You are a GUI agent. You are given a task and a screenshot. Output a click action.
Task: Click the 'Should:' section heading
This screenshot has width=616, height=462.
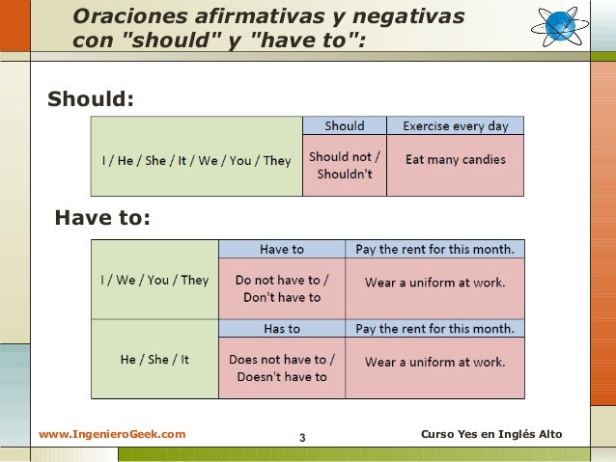92,99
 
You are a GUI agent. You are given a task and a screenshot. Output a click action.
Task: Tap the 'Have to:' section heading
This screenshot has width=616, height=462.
102,219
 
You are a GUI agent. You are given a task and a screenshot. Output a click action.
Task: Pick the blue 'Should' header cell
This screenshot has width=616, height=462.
345,125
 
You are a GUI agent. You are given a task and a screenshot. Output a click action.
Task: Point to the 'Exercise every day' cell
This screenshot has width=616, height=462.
455,125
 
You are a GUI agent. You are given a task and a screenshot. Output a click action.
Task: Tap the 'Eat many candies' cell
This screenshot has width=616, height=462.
455,160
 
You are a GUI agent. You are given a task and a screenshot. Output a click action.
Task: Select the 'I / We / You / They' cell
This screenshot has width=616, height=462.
154,281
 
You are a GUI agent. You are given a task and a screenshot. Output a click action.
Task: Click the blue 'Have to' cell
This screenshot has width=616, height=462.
282,249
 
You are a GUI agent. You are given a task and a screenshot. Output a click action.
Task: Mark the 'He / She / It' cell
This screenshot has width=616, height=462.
154,359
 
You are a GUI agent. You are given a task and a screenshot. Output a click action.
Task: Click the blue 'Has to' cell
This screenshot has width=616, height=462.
282,328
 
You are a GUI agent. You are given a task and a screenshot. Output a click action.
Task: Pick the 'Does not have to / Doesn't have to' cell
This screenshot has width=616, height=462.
282,368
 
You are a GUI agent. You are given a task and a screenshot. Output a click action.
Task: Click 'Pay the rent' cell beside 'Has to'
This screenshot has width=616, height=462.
434,328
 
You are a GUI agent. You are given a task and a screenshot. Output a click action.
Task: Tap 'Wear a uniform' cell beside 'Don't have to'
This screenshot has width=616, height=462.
434,283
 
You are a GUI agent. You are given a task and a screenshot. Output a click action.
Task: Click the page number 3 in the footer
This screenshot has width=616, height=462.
302,440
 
